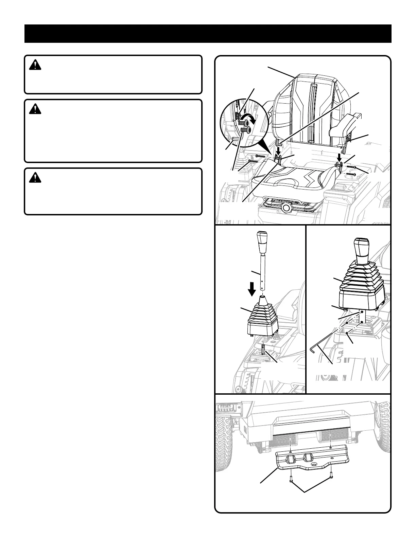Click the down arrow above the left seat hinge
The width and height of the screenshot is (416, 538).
[278, 150]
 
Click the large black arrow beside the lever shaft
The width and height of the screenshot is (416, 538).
[252, 290]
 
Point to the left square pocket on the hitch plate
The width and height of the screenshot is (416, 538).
[292, 461]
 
